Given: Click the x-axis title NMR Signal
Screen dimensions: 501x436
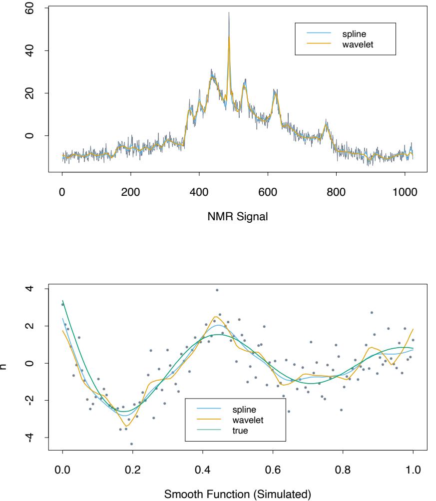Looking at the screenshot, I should (x=238, y=218).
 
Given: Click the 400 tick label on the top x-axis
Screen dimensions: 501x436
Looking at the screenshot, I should (x=199, y=191).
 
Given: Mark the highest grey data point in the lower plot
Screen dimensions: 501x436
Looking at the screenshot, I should (x=217, y=290).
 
